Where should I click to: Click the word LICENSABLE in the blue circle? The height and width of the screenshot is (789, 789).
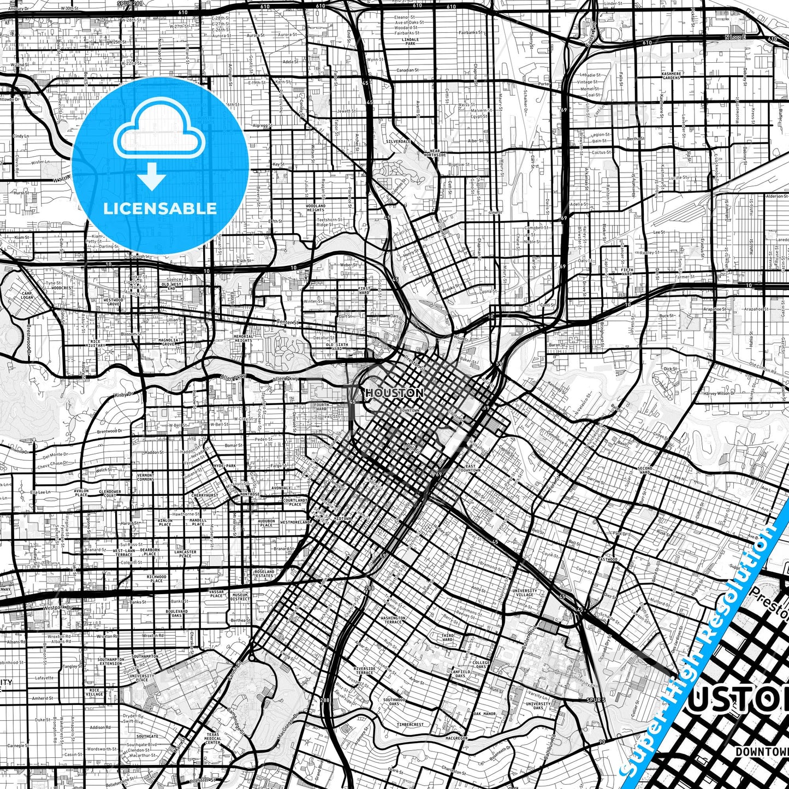click(x=160, y=209)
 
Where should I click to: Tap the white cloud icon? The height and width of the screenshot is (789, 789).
click(x=159, y=131)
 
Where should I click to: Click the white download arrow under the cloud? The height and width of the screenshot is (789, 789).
click(x=152, y=177)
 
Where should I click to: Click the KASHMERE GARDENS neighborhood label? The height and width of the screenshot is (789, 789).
click(x=671, y=75)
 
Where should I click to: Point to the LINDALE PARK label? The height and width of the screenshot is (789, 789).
click(x=410, y=41)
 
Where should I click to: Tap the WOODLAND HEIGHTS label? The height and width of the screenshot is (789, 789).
click(x=316, y=208)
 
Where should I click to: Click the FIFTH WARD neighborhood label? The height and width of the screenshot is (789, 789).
click(x=627, y=271)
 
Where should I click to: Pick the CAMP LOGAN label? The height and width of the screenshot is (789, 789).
click(x=27, y=295)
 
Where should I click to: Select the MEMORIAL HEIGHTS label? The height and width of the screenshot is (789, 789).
click(x=244, y=339)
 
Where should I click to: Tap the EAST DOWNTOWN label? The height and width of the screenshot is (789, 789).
click(x=470, y=468)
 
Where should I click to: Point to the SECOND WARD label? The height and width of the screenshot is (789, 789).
click(x=645, y=470)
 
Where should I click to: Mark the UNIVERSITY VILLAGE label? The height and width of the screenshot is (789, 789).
click(x=524, y=592)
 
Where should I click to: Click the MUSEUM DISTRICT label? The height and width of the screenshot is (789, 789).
click(x=240, y=597)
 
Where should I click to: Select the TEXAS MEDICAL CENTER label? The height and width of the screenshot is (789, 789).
click(x=213, y=738)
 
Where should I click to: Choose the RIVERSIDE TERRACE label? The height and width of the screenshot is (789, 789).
click(x=364, y=671)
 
